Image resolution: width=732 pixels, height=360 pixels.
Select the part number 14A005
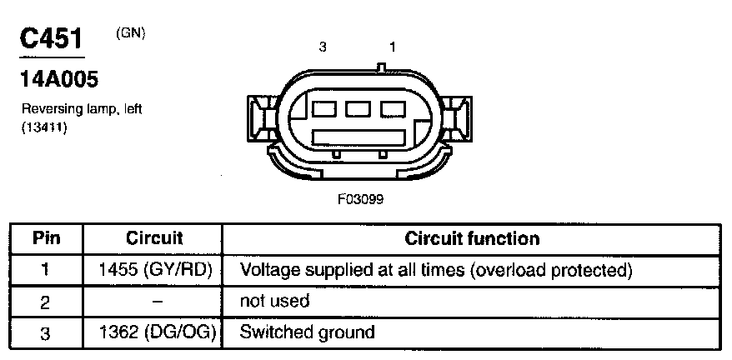point(58,80)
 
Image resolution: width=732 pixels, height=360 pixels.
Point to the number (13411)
point(44,127)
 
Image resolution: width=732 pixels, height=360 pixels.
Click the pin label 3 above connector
point(323,47)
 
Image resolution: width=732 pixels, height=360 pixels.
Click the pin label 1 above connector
point(393,47)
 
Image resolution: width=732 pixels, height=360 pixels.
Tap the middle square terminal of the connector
point(358,109)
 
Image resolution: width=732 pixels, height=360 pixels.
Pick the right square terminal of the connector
point(392,109)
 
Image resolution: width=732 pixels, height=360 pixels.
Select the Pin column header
point(47,239)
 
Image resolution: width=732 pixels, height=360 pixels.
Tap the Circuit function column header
point(472,239)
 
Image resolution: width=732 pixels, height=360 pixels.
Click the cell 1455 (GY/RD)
point(154,270)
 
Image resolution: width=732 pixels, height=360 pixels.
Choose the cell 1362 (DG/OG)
point(154,332)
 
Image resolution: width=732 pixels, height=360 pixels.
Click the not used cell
point(274,301)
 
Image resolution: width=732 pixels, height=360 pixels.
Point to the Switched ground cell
point(307,332)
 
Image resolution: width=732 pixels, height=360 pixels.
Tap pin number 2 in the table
point(47,301)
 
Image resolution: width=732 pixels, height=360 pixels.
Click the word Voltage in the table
point(264,270)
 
